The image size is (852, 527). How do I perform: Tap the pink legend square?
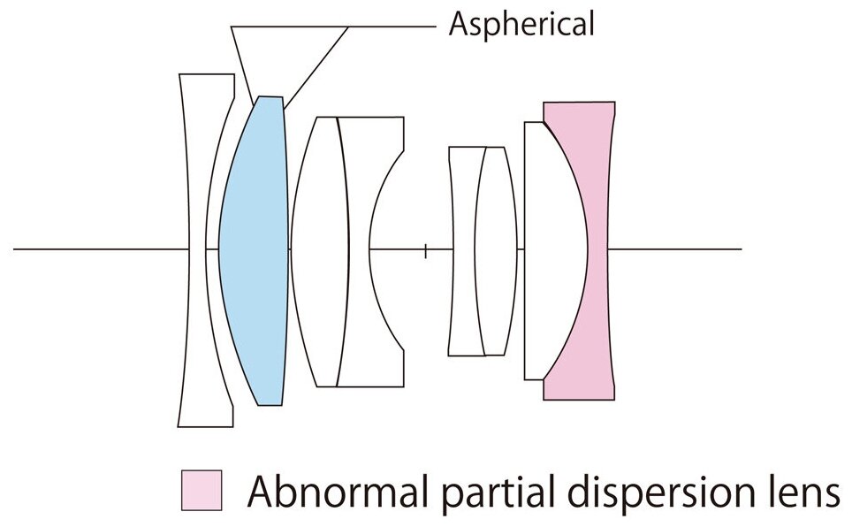coord(202,490)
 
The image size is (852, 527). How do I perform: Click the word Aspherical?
coord(521,25)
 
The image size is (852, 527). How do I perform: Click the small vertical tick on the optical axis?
coord(426,250)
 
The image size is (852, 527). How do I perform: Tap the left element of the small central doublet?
coord(465,250)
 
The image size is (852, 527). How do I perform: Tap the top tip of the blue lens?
coord(270,98)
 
